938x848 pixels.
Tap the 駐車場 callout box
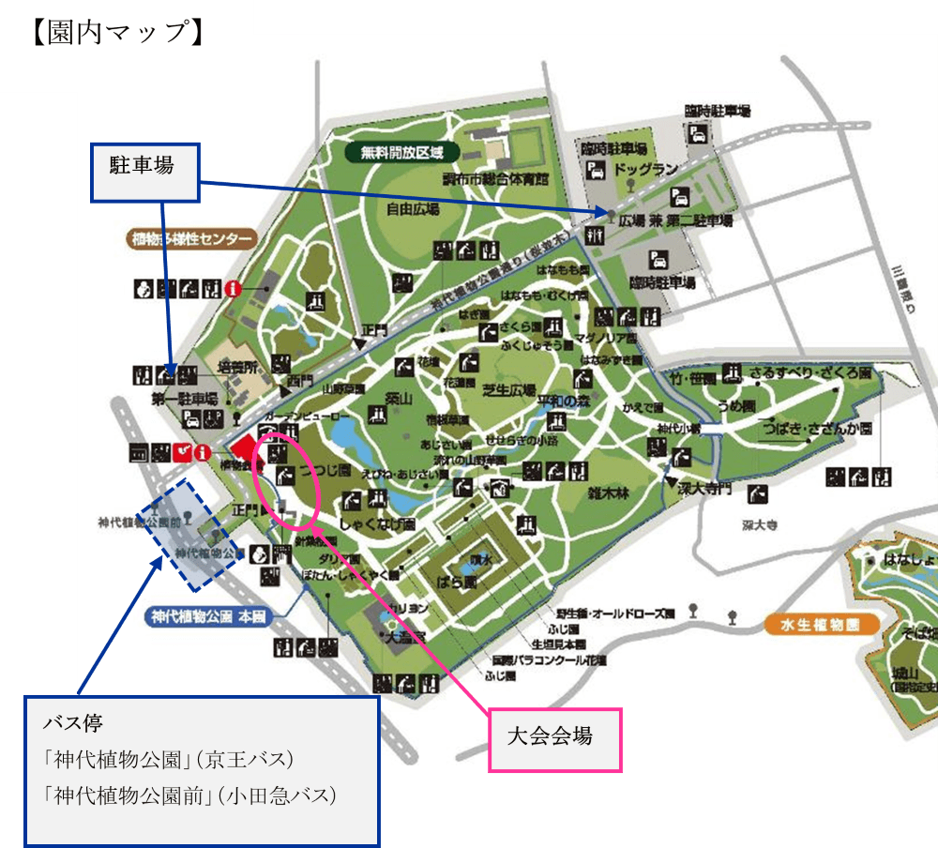(x=145, y=171)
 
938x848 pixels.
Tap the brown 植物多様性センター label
(x=191, y=238)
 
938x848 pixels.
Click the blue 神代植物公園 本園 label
(x=208, y=617)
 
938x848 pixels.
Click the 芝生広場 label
(x=510, y=389)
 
